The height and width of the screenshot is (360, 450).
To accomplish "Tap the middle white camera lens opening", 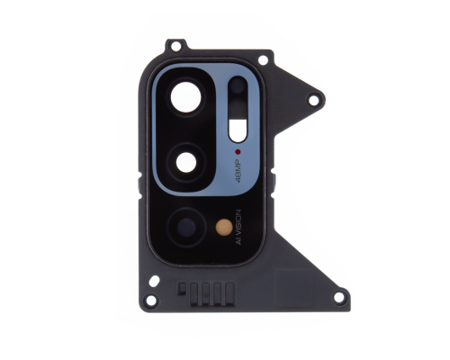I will click(x=189, y=161).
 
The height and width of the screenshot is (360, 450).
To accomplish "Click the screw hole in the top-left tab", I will click(x=176, y=44).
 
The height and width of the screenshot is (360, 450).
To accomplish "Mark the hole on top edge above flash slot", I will click(x=262, y=59).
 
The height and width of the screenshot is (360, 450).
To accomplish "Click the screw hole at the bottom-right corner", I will click(x=338, y=296).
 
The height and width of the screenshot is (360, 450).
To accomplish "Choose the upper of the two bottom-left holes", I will click(x=154, y=281).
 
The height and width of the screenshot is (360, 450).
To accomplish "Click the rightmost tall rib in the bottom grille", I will click(x=231, y=292).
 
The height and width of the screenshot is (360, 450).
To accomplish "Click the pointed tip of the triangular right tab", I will click(x=325, y=93).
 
